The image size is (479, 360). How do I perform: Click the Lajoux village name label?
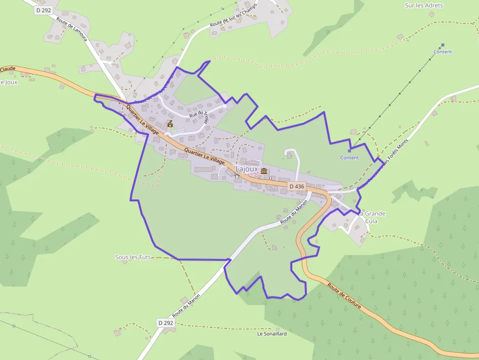pyautogui.click(x=246, y=169)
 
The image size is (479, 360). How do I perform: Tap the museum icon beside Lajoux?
pyautogui.click(x=264, y=171)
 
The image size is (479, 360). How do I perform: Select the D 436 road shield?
pyautogui.click(x=297, y=186)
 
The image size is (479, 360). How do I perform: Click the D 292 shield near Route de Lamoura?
pyautogui.click(x=44, y=10)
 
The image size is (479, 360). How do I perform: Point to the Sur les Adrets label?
pyautogui.click(x=424, y=5)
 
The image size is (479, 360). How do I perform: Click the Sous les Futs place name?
pyautogui.click(x=133, y=257)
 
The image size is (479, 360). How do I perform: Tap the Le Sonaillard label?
pyautogui.click(x=272, y=334)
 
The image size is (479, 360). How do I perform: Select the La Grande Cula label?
pyautogui.click(x=372, y=217)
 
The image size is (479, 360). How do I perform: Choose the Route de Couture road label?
pyautogui.click(x=344, y=296)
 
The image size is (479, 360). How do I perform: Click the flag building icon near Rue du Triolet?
pyautogui.click(x=170, y=124)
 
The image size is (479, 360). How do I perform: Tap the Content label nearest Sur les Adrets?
pyautogui.click(x=443, y=52)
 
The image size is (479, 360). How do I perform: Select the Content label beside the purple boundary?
pyautogui.click(x=349, y=158)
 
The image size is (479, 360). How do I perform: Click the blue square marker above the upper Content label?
pyautogui.click(x=443, y=45)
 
